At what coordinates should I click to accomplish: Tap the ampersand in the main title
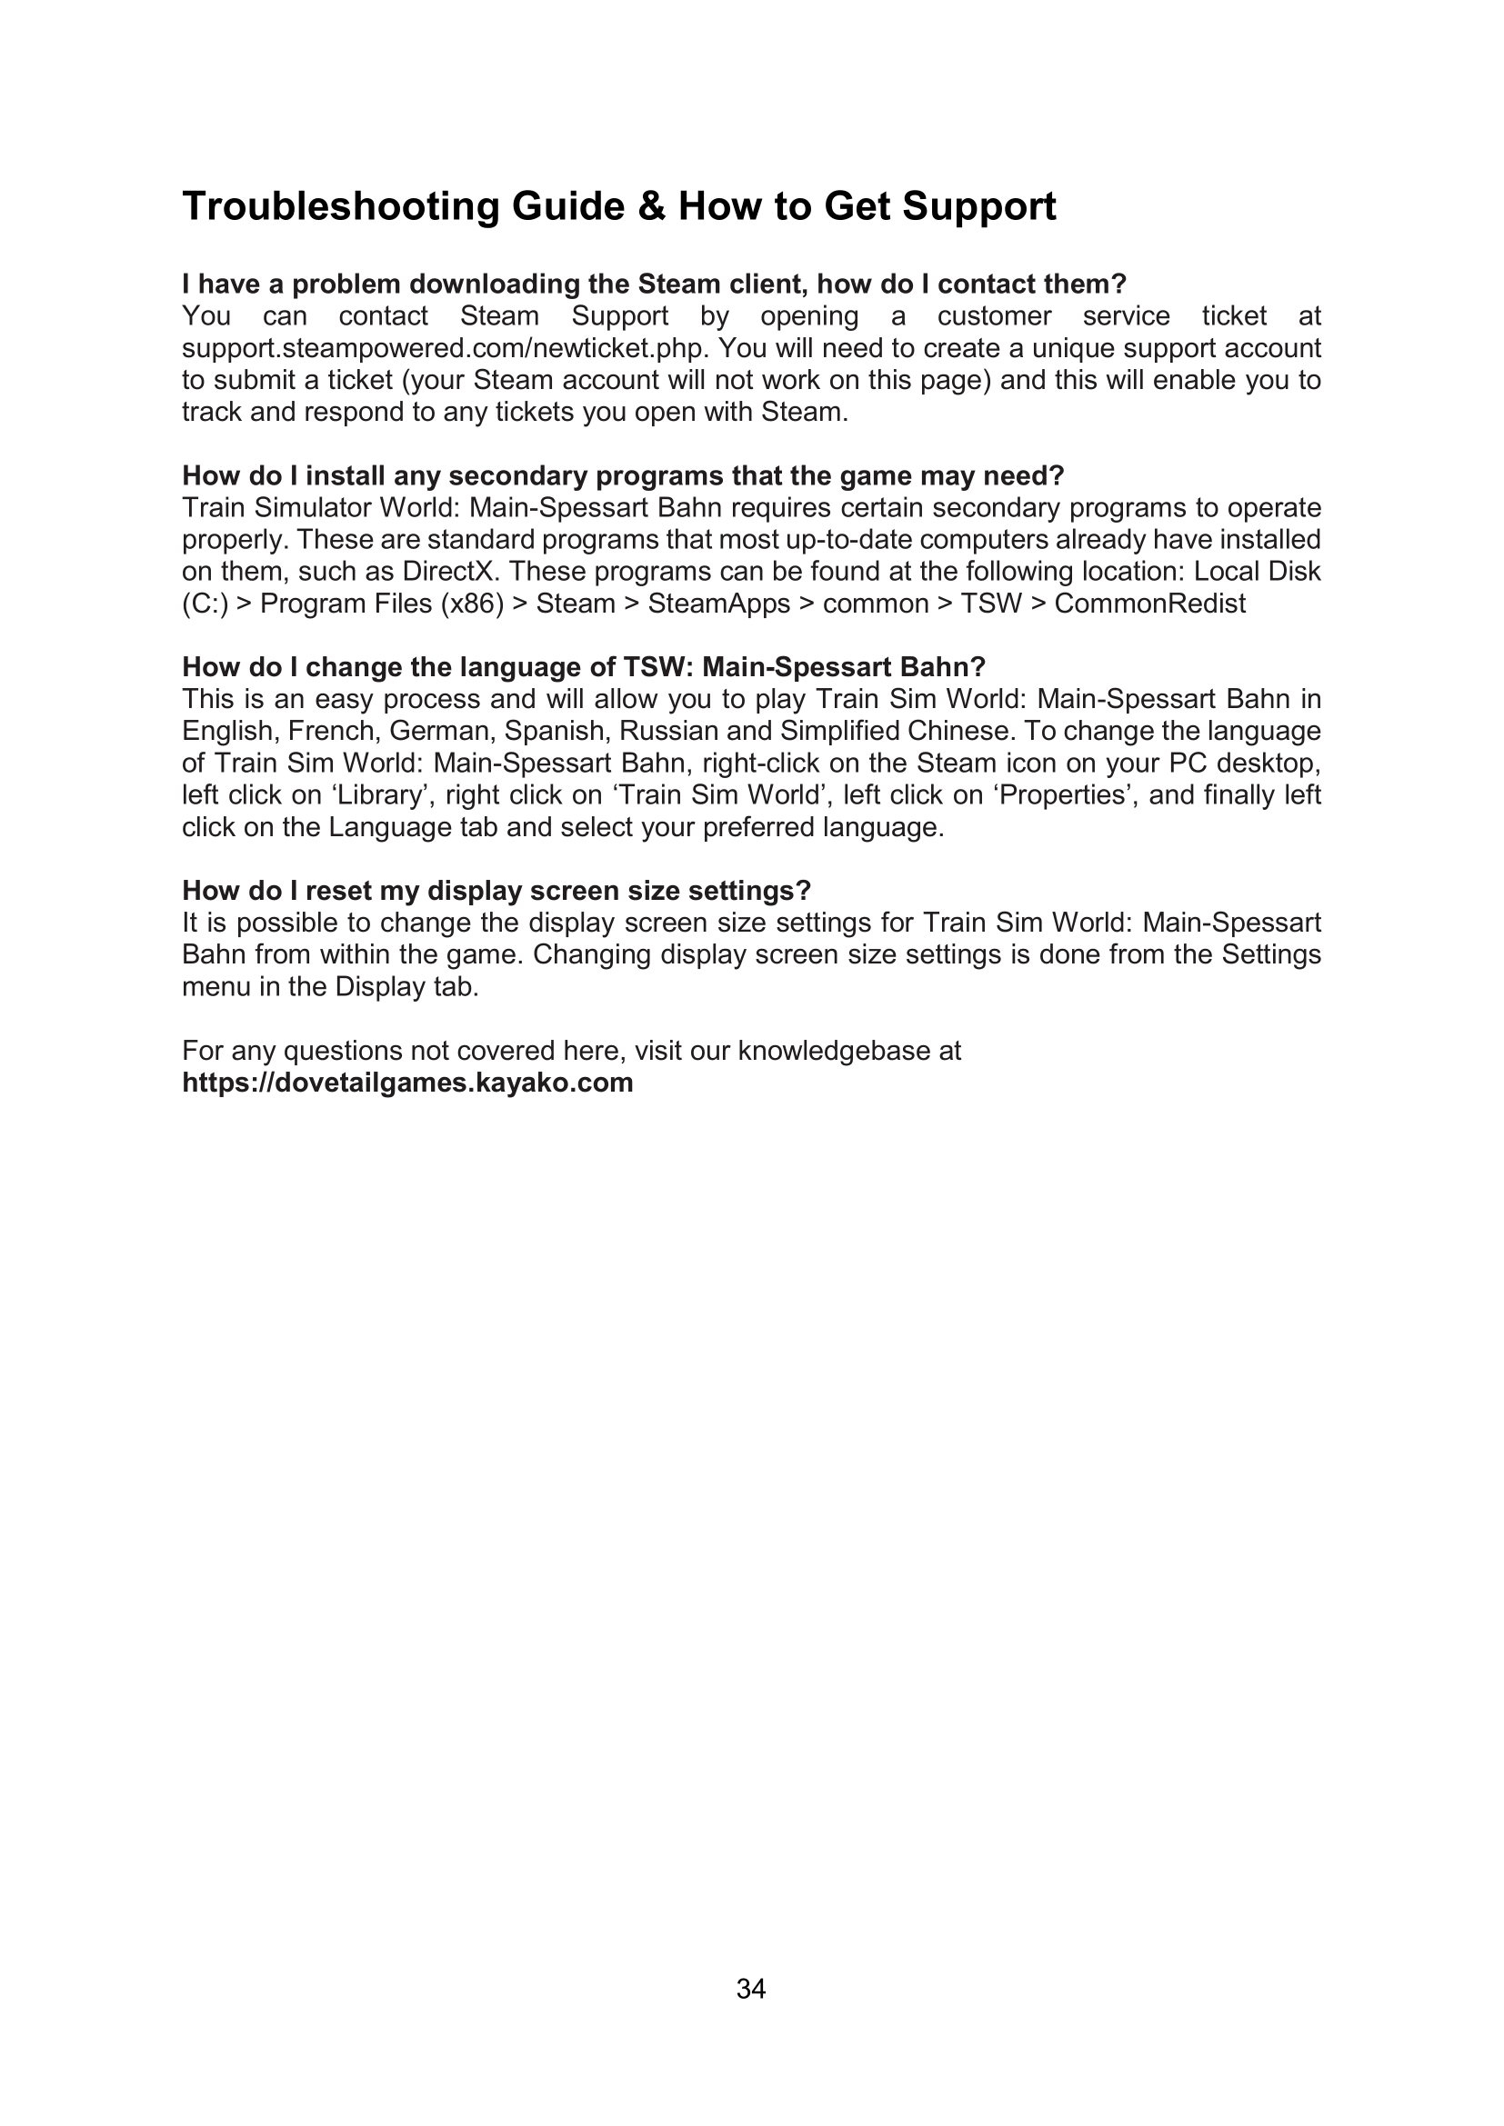(652, 206)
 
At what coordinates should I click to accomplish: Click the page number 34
(751, 1989)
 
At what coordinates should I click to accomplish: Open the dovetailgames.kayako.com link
(407, 1083)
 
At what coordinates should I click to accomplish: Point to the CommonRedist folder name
(1150, 604)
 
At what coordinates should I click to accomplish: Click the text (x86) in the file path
(472, 604)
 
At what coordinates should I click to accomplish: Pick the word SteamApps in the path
(718, 604)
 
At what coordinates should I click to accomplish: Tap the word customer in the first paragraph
(994, 316)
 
